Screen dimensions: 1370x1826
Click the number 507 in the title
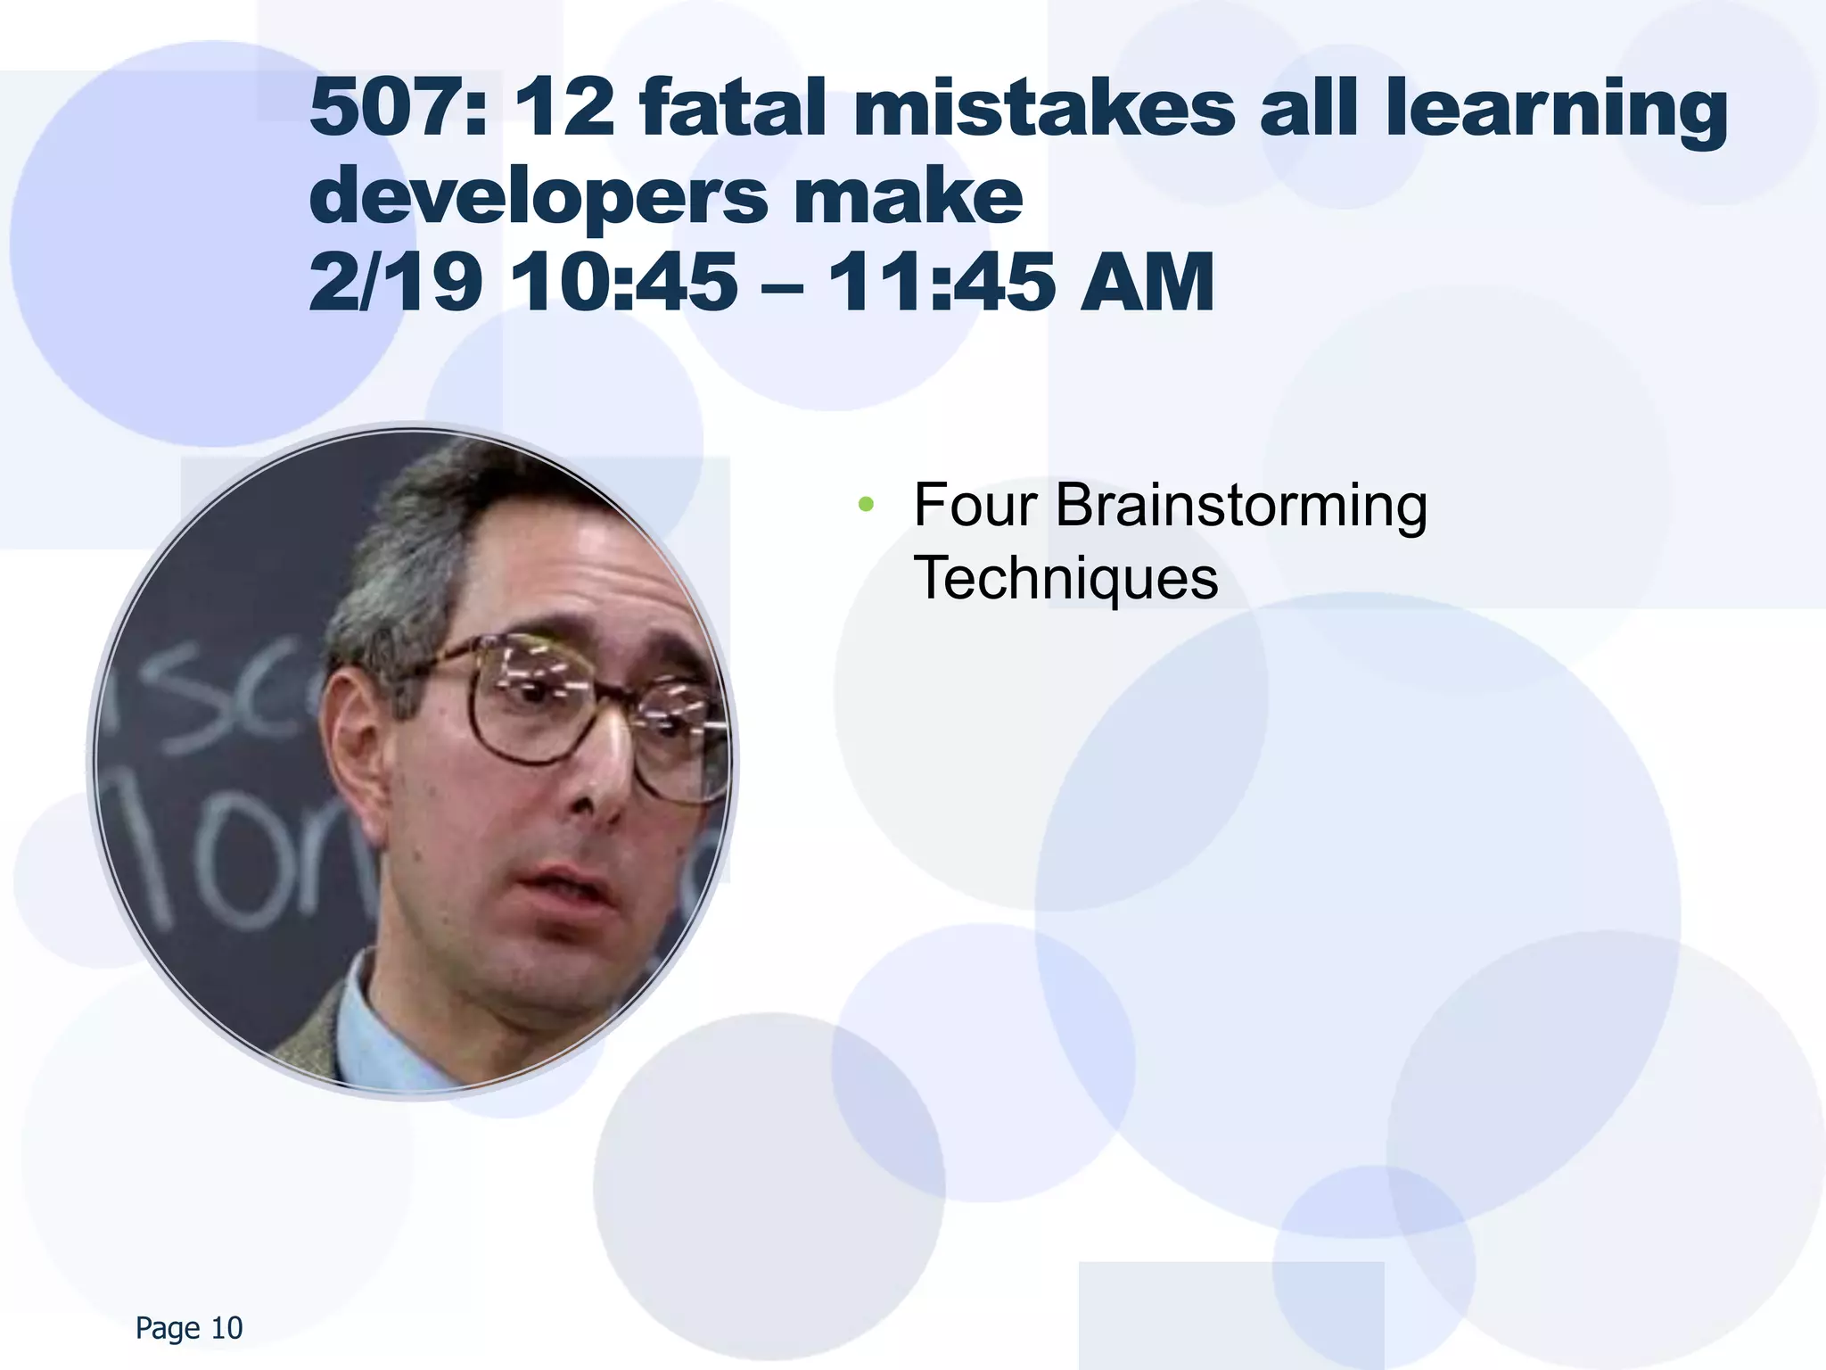point(388,109)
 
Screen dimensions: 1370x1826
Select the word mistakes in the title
point(1043,109)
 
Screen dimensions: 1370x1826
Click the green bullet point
point(865,506)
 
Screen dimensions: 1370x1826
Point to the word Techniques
point(1065,579)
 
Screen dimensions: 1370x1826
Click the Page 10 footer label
point(189,1328)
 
